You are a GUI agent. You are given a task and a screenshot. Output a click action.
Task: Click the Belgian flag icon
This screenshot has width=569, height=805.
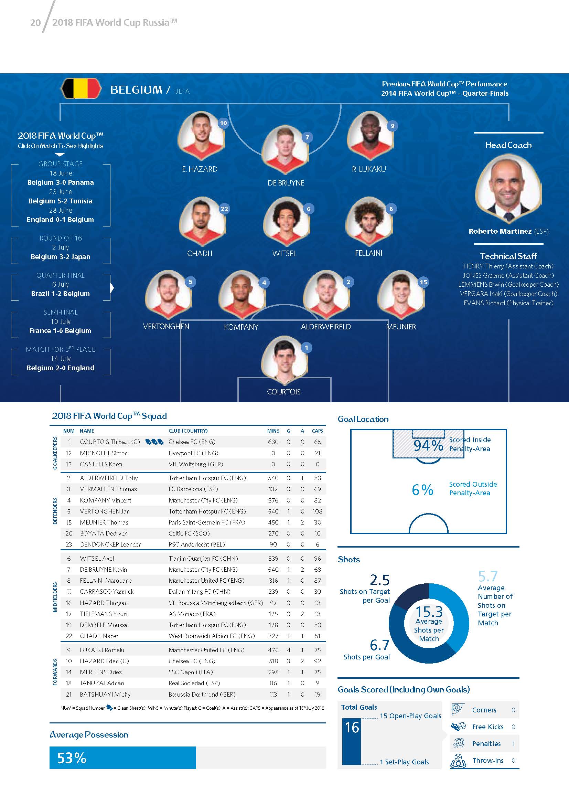coord(81,88)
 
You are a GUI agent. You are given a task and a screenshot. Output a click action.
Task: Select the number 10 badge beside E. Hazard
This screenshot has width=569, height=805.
coord(223,123)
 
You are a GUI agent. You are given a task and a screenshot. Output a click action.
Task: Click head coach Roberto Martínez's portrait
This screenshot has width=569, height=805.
coord(508,189)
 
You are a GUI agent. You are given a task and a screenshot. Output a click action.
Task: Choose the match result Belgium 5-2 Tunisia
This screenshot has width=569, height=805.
coord(60,201)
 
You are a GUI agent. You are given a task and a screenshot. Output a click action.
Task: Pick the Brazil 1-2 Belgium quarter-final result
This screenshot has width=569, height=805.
coord(60,294)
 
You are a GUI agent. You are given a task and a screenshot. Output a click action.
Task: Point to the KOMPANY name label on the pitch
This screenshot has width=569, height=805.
coord(241,327)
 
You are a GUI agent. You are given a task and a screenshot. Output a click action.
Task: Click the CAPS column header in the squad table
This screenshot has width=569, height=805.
coord(318,431)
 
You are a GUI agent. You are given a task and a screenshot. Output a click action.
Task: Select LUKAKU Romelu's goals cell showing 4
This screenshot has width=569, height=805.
coord(289,650)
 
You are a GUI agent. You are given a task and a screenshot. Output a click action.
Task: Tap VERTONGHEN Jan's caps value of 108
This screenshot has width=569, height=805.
coord(317,511)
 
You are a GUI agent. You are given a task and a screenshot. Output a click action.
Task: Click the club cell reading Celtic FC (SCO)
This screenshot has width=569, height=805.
coord(189,533)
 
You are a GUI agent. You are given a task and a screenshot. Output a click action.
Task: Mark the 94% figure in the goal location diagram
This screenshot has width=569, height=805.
coord(428,445)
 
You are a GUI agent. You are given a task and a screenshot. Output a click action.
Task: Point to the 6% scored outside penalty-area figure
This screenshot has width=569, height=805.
coord(422,489)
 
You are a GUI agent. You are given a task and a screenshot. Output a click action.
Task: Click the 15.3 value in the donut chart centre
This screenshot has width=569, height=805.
coord(429,612)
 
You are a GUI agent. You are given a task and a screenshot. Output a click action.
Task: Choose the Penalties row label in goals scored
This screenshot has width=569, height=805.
coord(486,744)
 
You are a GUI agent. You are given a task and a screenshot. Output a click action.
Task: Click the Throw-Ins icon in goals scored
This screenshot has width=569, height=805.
coord(458,761)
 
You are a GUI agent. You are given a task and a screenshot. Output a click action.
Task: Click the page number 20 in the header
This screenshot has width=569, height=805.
coord(35,23)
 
